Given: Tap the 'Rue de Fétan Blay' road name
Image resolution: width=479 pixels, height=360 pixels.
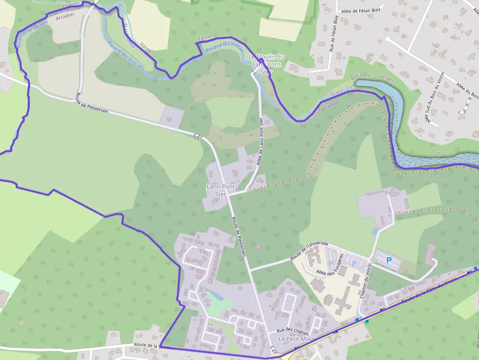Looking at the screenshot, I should coord(333,33).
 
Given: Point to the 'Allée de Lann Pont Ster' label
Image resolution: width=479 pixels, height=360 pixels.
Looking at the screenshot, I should coord(260,142).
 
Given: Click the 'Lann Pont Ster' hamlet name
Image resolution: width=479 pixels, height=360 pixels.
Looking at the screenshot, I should coord(221,190).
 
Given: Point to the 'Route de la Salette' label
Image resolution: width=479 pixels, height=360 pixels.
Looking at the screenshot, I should coord(153,345).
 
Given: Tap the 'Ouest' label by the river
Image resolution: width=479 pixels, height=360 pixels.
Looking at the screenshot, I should coord(337,92).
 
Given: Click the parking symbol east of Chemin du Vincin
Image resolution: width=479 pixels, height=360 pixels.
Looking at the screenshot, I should coord(389,261).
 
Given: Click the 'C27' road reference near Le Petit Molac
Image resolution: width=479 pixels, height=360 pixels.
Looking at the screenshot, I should coord(274,350).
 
